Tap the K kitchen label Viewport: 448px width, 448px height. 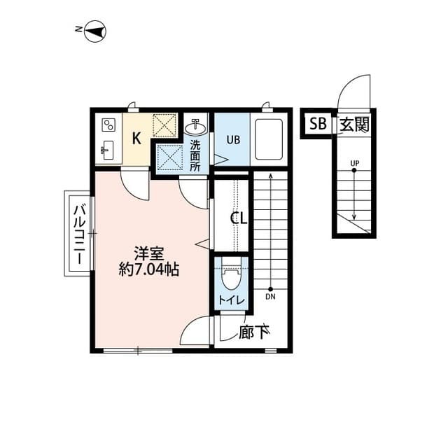[136, 138]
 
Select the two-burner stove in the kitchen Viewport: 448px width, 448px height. [108, 125]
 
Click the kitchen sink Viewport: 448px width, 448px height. [107, 150]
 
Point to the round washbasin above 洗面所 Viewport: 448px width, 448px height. [195, 127]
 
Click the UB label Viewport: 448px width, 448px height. [233, 140]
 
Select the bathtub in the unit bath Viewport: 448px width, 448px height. [269, 139]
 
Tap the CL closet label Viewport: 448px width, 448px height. [239, 218]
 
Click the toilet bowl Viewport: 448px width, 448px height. [232, 278]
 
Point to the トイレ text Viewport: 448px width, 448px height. [232, 300]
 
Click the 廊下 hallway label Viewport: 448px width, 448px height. [254, 332]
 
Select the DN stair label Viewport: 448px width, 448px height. [270, 297]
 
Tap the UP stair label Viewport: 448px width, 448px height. [355, 163]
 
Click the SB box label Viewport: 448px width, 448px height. [318, 124]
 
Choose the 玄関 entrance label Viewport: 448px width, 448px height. [354, 125]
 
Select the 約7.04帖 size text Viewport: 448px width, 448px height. [149, 269]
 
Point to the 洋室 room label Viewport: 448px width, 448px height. [149, 253]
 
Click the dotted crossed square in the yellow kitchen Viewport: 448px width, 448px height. [164, 125]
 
